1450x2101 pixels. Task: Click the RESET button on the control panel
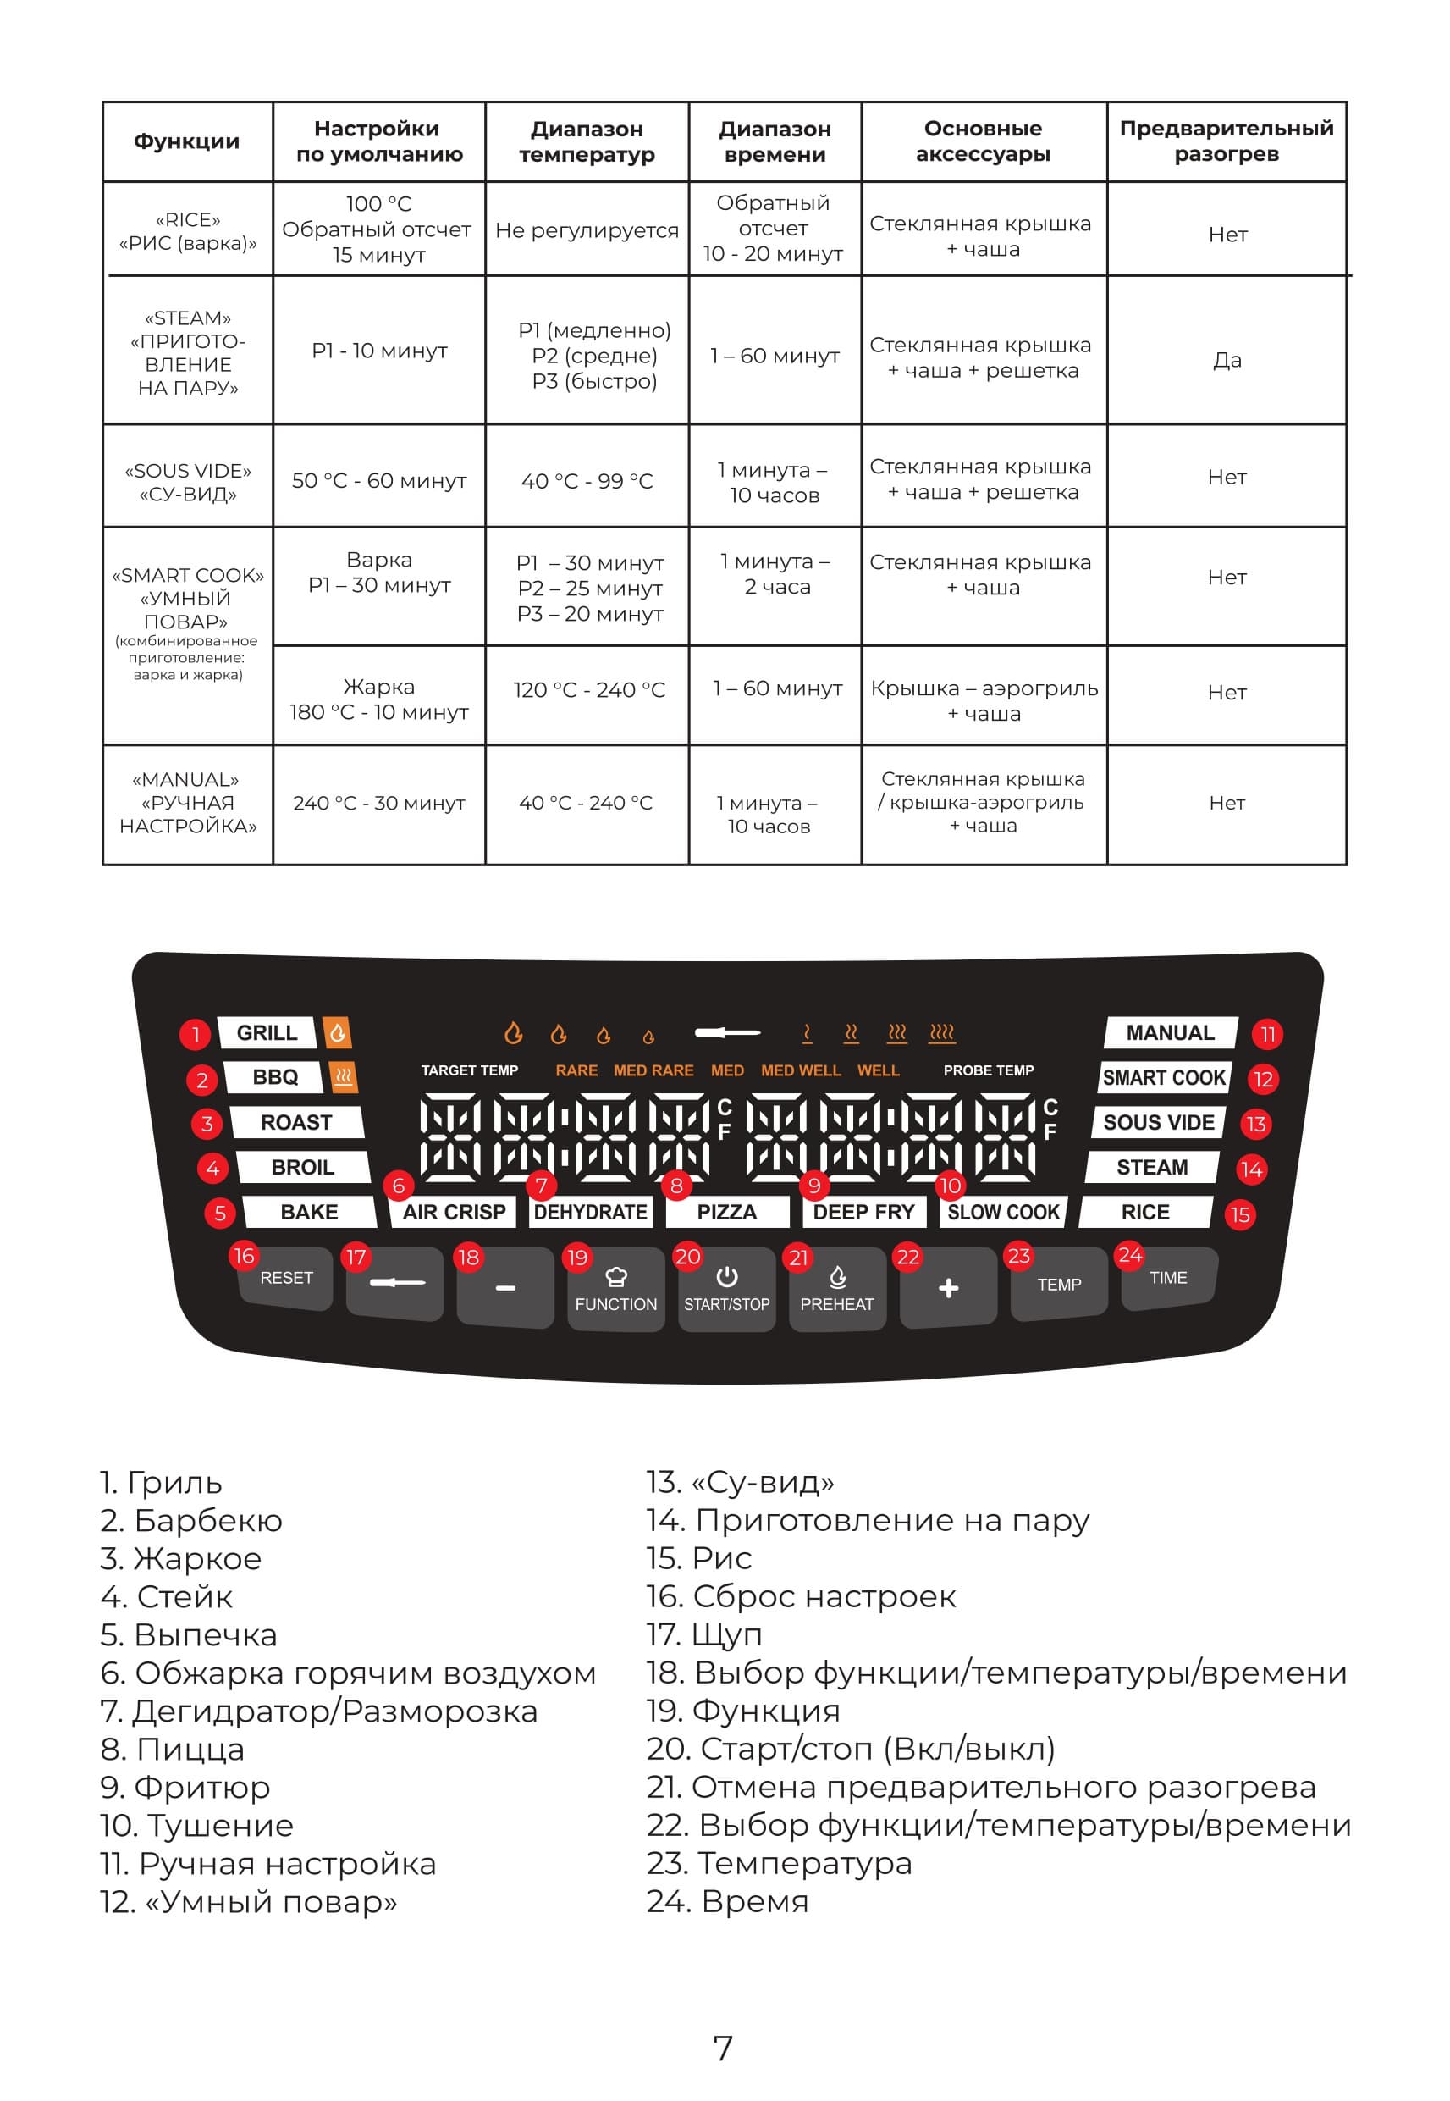point(286,1279)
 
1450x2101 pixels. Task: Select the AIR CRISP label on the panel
point(454,1213)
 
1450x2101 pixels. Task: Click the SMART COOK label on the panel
point(1164,1078)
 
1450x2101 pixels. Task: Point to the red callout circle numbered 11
point(1267,1034)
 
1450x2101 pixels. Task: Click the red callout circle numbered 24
point(1130,1255)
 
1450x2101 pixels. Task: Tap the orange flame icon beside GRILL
point(337,1032)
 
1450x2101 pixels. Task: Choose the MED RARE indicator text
point(653,1070)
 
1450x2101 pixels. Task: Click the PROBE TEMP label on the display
point(989,1070)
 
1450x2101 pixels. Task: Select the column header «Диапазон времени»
point(775,141)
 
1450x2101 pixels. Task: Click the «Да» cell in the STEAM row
point(1227,360)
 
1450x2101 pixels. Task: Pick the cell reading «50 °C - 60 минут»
point(379,481)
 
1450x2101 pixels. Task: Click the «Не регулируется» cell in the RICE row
point(587,231)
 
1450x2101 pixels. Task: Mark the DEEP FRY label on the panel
point(863,1213)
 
